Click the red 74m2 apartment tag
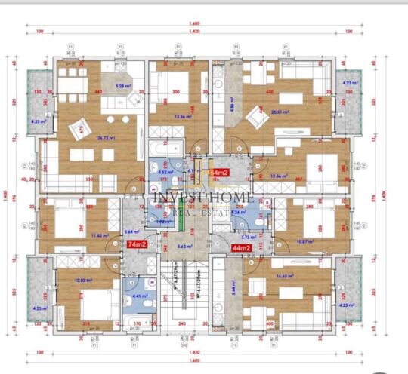click(x=137, y=244)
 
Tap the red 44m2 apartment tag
click(x=241, y=248)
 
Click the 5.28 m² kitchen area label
click(x=123, y=86)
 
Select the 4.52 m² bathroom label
click(x=167, y=171)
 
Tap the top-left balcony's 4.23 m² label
click(x=38, y=121)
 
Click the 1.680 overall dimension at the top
click(x=193, y=25)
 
